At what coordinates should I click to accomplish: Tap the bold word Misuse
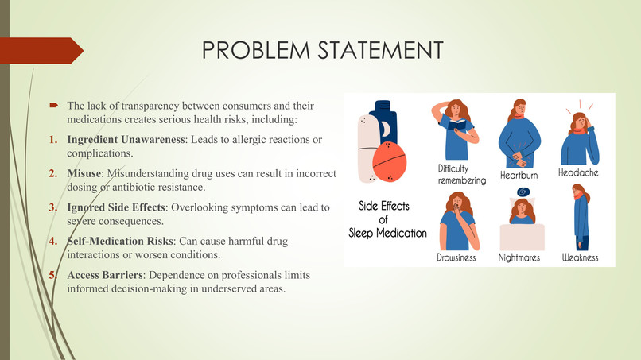84,173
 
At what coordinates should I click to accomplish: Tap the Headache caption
578,172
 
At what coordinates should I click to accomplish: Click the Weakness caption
580,257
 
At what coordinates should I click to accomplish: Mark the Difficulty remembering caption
461,175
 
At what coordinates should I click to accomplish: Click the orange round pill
390,165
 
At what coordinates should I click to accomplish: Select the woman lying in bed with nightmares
521,219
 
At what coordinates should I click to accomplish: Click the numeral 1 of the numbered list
54,140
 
